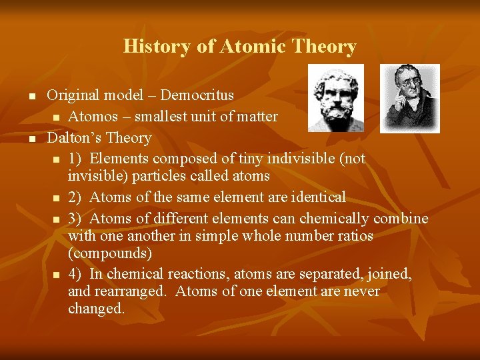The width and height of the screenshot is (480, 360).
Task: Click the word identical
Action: (x=316, y=197)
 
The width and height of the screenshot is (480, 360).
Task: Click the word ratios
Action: (x=353, y=236)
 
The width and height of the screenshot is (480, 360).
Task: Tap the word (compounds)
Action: (x=109, y=254)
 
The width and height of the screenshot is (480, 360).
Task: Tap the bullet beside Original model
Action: (x=31, y=97)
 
